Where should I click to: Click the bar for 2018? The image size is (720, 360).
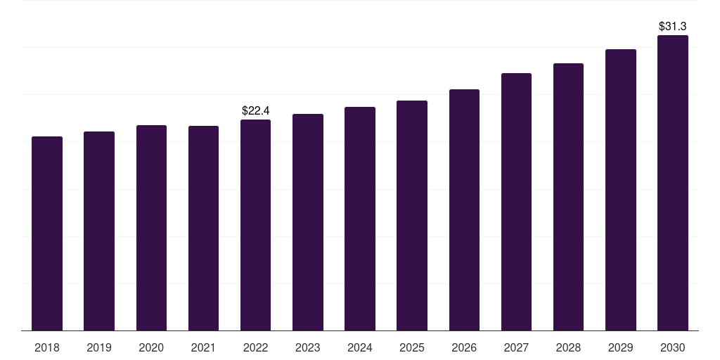tap(47, 233)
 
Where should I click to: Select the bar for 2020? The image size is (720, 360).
tap(151, 228)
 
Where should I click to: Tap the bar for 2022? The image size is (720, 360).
tap(255, 225)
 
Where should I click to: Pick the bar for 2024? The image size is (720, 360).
tap(359, 219)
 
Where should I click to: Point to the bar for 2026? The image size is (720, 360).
tap(464, 210)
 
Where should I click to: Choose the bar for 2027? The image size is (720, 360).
tap(516, 202)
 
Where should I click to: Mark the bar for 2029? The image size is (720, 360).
tap(620, 190)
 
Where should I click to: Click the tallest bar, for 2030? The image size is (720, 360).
tap(673, 183)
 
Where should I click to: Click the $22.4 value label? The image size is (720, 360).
tap(255, 110)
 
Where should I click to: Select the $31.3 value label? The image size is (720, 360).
tap(673, 26)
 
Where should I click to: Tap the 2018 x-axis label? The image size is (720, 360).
tap(47, 348)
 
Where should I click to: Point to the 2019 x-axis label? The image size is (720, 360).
tap(99, 348)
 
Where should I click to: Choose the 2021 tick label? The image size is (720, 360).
tap(203, 348)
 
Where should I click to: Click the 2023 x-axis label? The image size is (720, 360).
tap(308, 348)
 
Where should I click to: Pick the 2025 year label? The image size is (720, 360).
tap(412, 348)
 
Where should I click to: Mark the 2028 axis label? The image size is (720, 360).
tap(568, 348)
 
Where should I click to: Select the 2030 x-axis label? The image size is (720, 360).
tap(673, 348)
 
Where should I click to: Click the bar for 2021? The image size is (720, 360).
tap(203, 229)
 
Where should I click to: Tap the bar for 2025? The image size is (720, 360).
tap(412, 215)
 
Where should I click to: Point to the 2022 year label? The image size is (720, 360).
tap(255, 348)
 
